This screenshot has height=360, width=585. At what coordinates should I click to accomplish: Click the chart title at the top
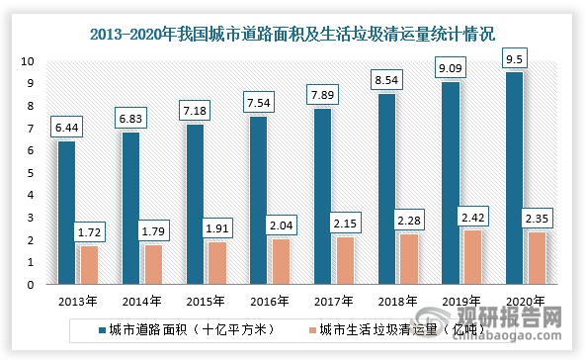(292, 34)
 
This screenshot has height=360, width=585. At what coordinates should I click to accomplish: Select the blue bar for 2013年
(67, 213)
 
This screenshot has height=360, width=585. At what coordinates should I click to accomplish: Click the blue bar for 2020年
(514, 178)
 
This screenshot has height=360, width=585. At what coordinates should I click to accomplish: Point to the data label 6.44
(67, 128)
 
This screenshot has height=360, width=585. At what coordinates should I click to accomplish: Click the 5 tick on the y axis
(32, 173)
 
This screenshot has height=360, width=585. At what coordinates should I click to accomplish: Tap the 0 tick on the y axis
(32, 285)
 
